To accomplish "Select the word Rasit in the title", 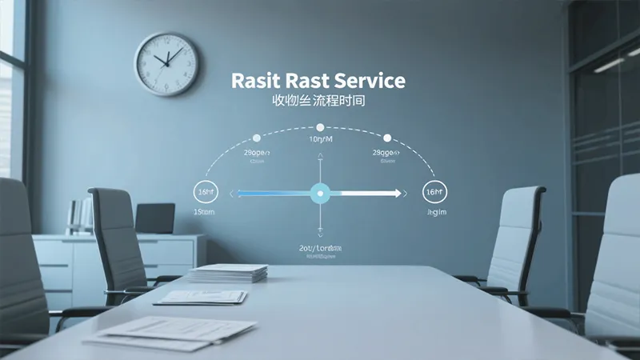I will (x=254, y=81).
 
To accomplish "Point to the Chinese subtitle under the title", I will (x=318, y=103).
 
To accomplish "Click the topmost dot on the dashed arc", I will (x=320, y=127).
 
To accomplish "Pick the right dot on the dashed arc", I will (x=387, y=138).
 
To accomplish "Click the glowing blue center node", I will (x=320, y=192).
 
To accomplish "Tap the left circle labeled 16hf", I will (x=206, y=193).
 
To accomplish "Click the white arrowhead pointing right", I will (x=394, y=193).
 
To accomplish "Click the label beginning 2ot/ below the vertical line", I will (x=319, y=249).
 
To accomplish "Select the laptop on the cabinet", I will (x=155, y=218).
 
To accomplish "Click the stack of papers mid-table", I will (x=229, y=273).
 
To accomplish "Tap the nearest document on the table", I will (x=172, y=331).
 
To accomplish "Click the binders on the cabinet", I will (x=80, y=216).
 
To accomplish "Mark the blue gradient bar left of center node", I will (x=272, y=193).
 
